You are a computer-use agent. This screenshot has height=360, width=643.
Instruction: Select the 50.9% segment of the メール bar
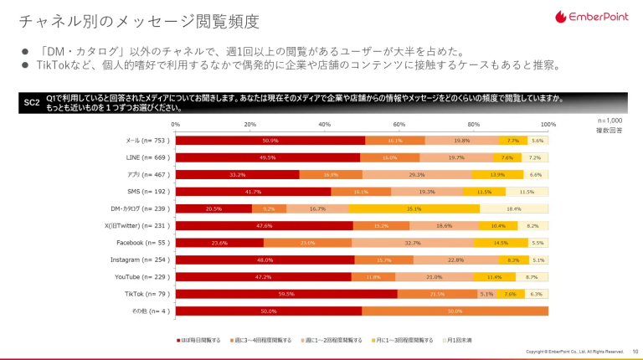click(270, 141)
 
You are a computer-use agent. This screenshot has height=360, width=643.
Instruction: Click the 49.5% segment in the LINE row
click(267, 157)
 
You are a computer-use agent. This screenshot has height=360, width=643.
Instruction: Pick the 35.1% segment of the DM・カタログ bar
click(414, 208)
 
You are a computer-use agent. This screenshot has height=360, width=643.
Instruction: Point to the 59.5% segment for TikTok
click(286, 294)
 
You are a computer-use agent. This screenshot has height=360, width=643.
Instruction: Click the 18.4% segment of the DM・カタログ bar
click(514, 208)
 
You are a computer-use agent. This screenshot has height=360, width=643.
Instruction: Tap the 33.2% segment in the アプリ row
click(237, 174)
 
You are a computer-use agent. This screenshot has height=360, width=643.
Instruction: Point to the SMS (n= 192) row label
click(148, 192)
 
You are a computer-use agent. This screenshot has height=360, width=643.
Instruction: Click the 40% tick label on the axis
click(324, 124)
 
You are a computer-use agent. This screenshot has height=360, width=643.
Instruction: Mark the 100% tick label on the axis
click(548, 124)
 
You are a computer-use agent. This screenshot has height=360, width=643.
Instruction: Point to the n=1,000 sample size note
click(610, 121)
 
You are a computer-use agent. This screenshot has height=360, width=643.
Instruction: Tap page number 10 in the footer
click(635, 351)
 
